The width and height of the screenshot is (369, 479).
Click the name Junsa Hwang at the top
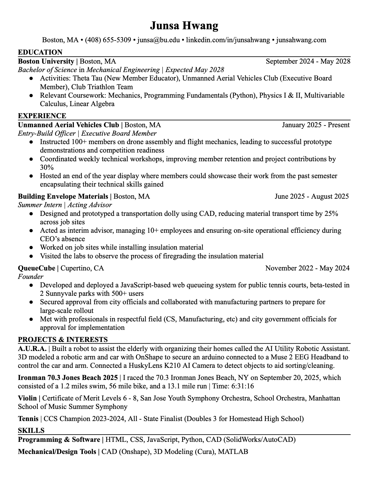tap(184, 26)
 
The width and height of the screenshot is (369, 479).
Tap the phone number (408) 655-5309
tap(108, 40)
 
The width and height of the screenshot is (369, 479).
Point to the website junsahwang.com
tap(301, 40)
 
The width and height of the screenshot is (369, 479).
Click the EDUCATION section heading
tap(40, 52)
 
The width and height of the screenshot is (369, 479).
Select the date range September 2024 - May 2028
tap(308, 61)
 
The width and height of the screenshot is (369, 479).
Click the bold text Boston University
tap(46, 61)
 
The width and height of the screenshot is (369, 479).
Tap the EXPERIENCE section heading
tap(42, 116)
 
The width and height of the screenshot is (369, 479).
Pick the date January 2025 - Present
tap(316, 125)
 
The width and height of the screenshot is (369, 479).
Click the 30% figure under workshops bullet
tap(47, 167)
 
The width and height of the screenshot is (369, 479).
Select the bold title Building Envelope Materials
tap(63, 196)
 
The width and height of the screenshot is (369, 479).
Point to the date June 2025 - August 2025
tap(312, 196)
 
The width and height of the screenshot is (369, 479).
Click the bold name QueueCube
tap(36, 268)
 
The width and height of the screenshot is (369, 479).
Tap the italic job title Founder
tap(30, 276)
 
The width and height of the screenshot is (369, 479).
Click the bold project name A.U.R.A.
tap(32, 349)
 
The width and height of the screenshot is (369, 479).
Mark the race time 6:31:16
tap(243, 386)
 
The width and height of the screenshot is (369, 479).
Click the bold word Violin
tap(27, 398)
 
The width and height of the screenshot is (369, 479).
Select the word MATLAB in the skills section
tap(233, 452)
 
